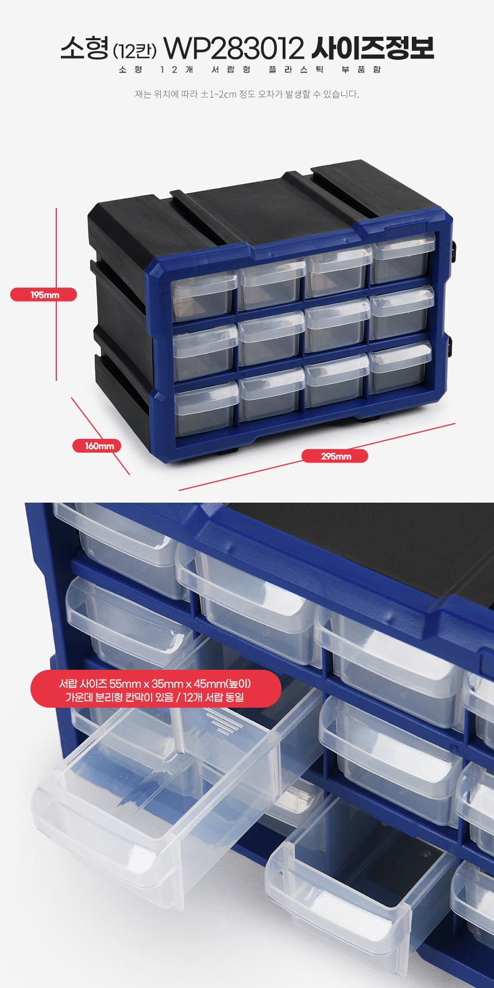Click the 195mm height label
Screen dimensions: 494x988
click(44, 295)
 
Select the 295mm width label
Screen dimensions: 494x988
click(335, 456)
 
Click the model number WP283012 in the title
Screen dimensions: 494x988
click(233, 49)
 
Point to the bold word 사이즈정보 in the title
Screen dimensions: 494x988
click(372, 49)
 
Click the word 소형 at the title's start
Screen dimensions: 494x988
click(84, 48)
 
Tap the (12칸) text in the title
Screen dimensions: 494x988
click(135, 51)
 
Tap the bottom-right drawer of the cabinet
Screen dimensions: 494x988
click(400, 368)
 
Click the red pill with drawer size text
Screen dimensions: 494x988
click(155, 689)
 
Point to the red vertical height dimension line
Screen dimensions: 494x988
click(56, 294)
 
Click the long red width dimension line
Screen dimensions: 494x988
click(317, 457)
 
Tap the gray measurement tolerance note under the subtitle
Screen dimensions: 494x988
click(247, 94)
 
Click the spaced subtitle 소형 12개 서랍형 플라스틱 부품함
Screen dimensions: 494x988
click(250, 70)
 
